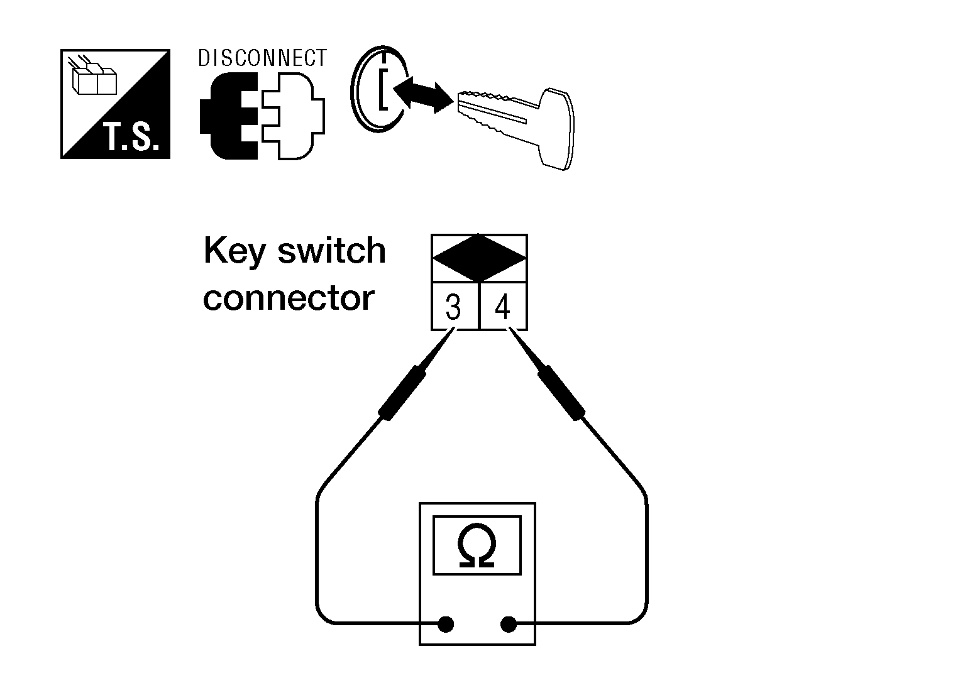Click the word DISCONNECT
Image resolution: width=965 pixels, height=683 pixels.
pos(262,58)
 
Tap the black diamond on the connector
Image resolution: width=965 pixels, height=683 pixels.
pos(479,258)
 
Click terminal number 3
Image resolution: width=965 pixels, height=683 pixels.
pos(453,308)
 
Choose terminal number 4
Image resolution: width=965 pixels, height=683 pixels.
pos(502,308)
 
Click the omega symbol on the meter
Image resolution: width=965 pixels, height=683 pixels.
pos(477,546)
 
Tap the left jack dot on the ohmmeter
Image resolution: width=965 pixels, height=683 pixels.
pos(445,625)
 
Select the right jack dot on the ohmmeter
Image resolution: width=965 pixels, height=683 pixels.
pos(508,625)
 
